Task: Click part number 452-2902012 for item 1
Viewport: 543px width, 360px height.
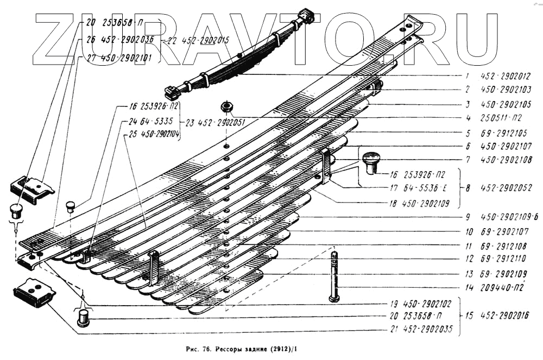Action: (504, 77)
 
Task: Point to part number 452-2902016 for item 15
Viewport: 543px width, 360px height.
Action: (504, 315)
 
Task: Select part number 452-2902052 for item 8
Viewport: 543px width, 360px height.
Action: (504, 188)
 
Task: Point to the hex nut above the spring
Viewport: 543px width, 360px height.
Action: (226, 105)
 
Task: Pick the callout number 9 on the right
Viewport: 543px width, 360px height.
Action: (467, 216)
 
